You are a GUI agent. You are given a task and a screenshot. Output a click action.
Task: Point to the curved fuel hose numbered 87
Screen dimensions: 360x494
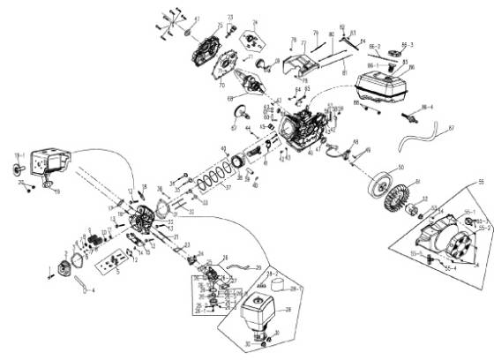(x=423, y=139)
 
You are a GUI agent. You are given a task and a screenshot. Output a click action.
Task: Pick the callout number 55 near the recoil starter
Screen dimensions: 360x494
(x=482, y=179)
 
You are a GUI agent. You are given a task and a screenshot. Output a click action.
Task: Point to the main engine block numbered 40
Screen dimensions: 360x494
(x=300, y=132)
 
